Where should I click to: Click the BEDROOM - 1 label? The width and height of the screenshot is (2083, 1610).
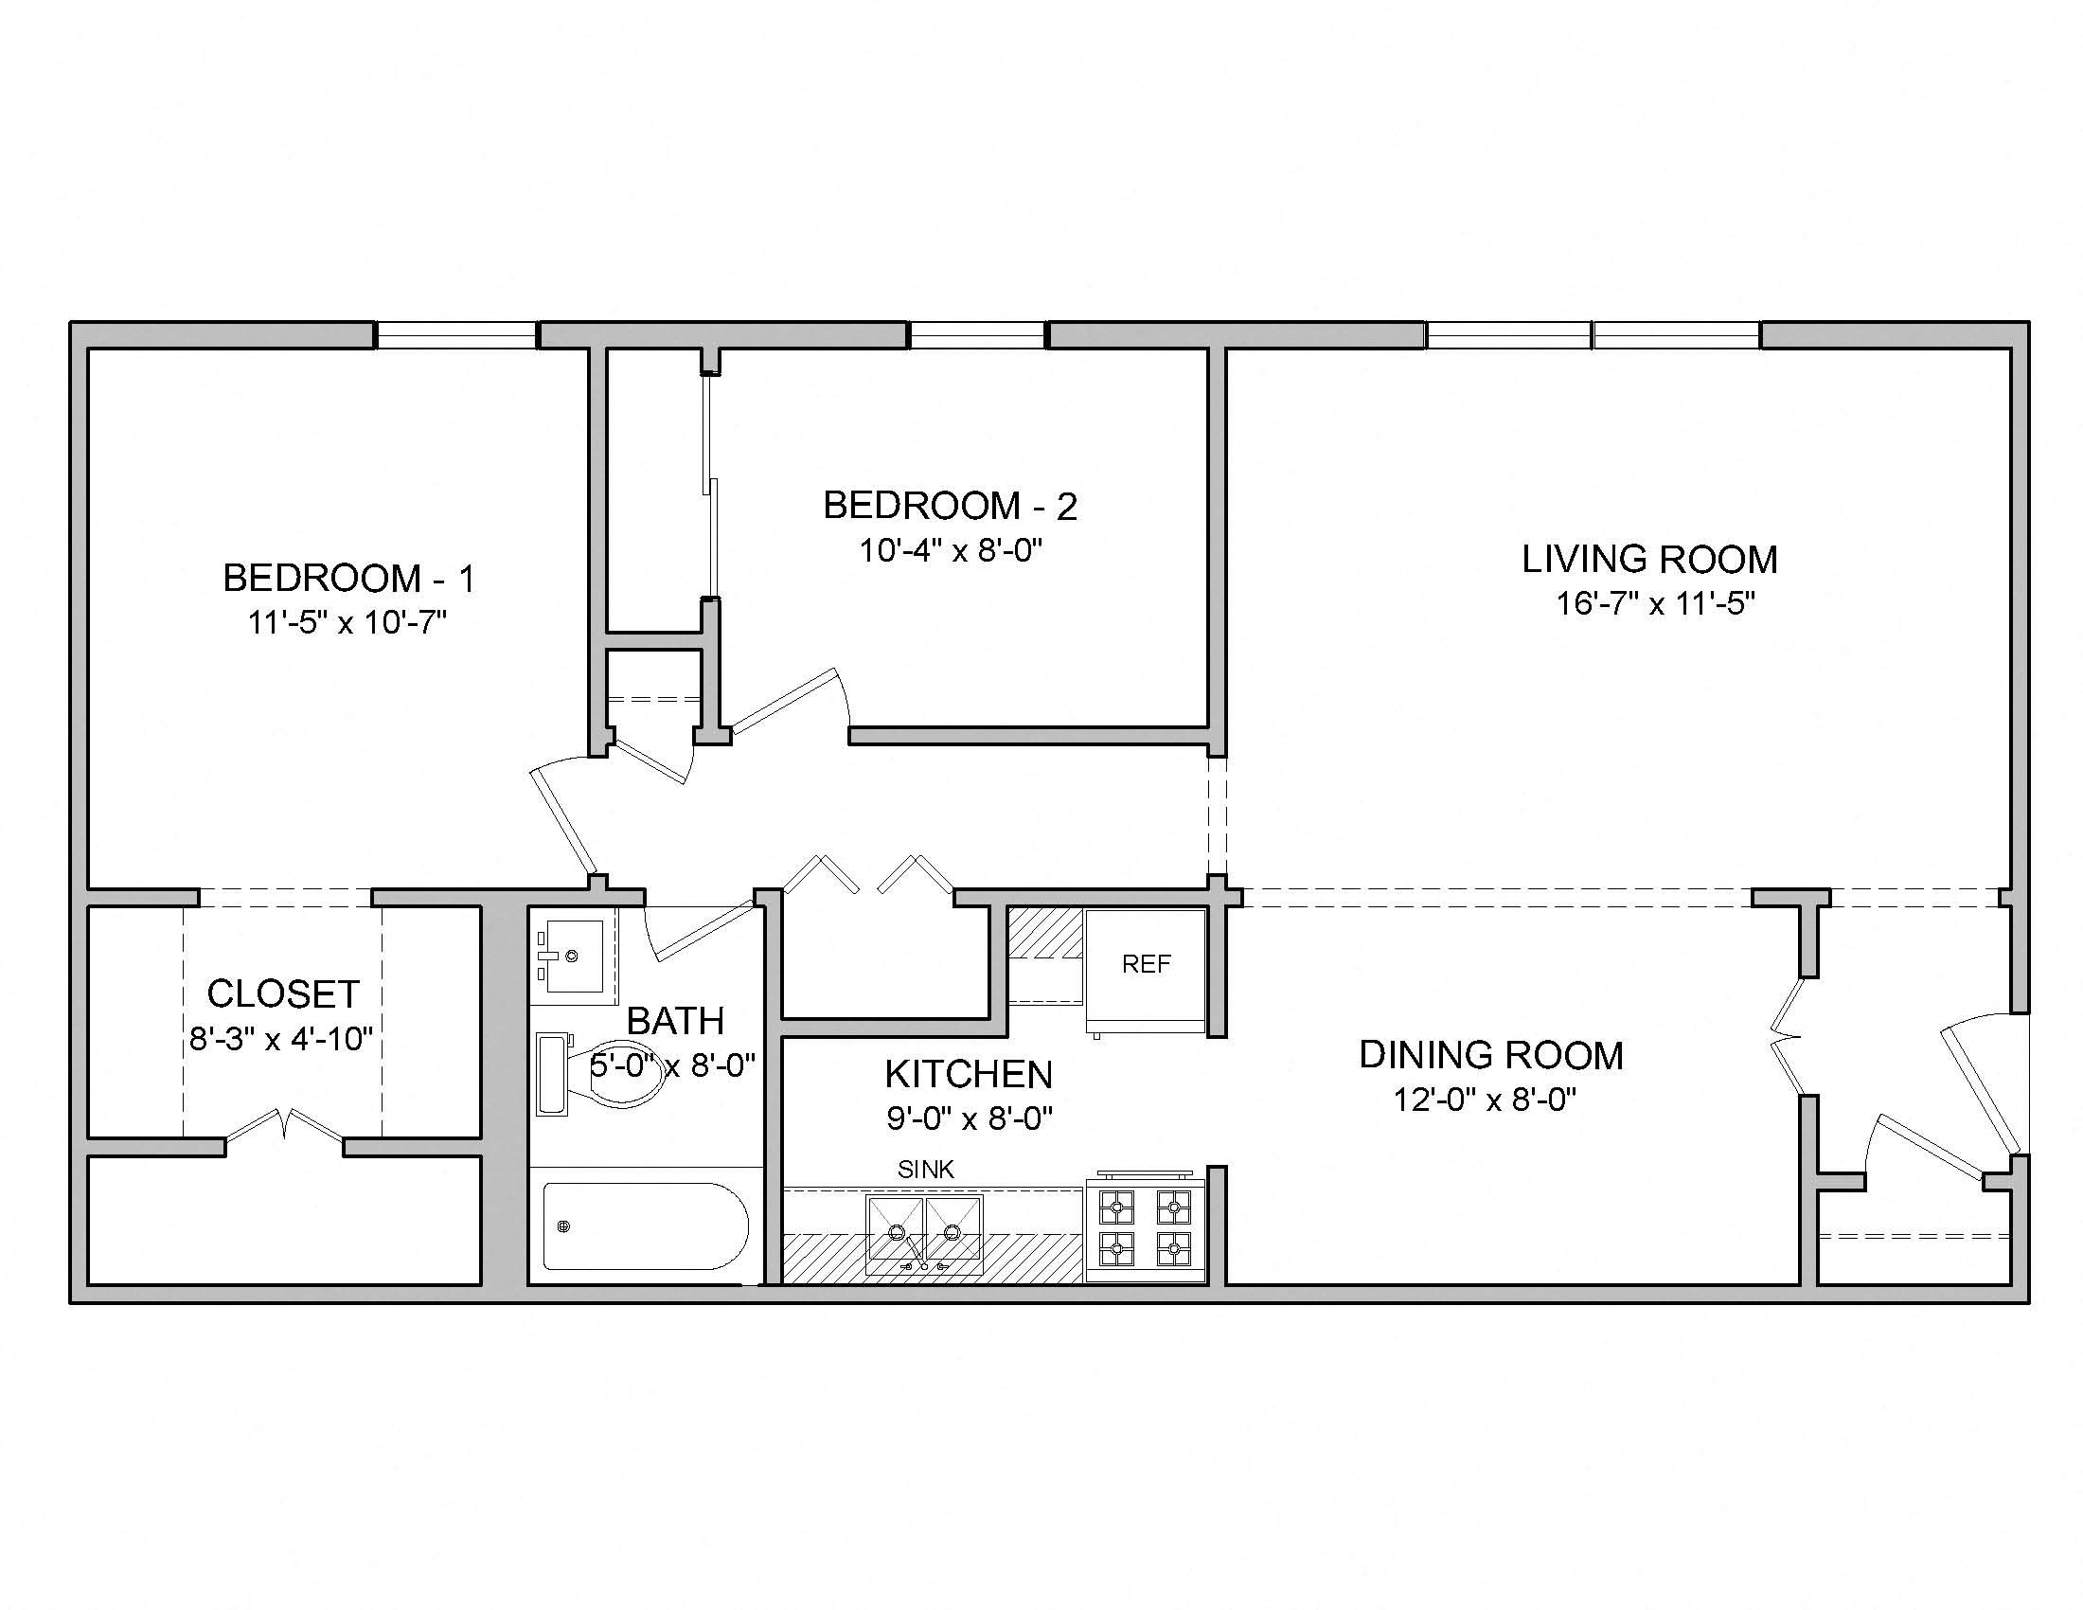click(348, 578)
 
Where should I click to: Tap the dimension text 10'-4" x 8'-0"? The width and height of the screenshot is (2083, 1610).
click(950, 551)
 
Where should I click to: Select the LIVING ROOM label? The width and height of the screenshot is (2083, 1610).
click(1649, 559)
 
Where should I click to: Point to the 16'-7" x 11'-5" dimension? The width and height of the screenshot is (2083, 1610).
click(1656, 604)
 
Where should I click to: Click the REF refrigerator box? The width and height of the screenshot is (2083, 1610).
click(1146, 969)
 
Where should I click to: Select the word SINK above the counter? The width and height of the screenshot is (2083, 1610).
click(925, 1170)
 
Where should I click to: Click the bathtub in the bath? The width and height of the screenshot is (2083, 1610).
click(646, 1226)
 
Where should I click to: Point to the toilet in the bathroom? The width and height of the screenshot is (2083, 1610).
click(611, 1074)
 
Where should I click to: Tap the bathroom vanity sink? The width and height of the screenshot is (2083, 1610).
click(572, 956)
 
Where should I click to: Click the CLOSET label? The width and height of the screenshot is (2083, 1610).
click(283, 993)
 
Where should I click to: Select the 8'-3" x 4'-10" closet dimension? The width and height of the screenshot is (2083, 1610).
click(281, 1039)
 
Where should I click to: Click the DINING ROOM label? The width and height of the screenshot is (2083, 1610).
click(1490, 1055)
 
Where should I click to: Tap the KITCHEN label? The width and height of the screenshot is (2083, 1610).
click(968, 1074)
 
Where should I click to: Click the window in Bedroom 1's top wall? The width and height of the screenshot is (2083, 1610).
click(456, 334)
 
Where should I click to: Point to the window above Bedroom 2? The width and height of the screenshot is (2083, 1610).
click(977, 334)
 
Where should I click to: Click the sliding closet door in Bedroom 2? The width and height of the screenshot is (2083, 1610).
click(709, 487)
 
